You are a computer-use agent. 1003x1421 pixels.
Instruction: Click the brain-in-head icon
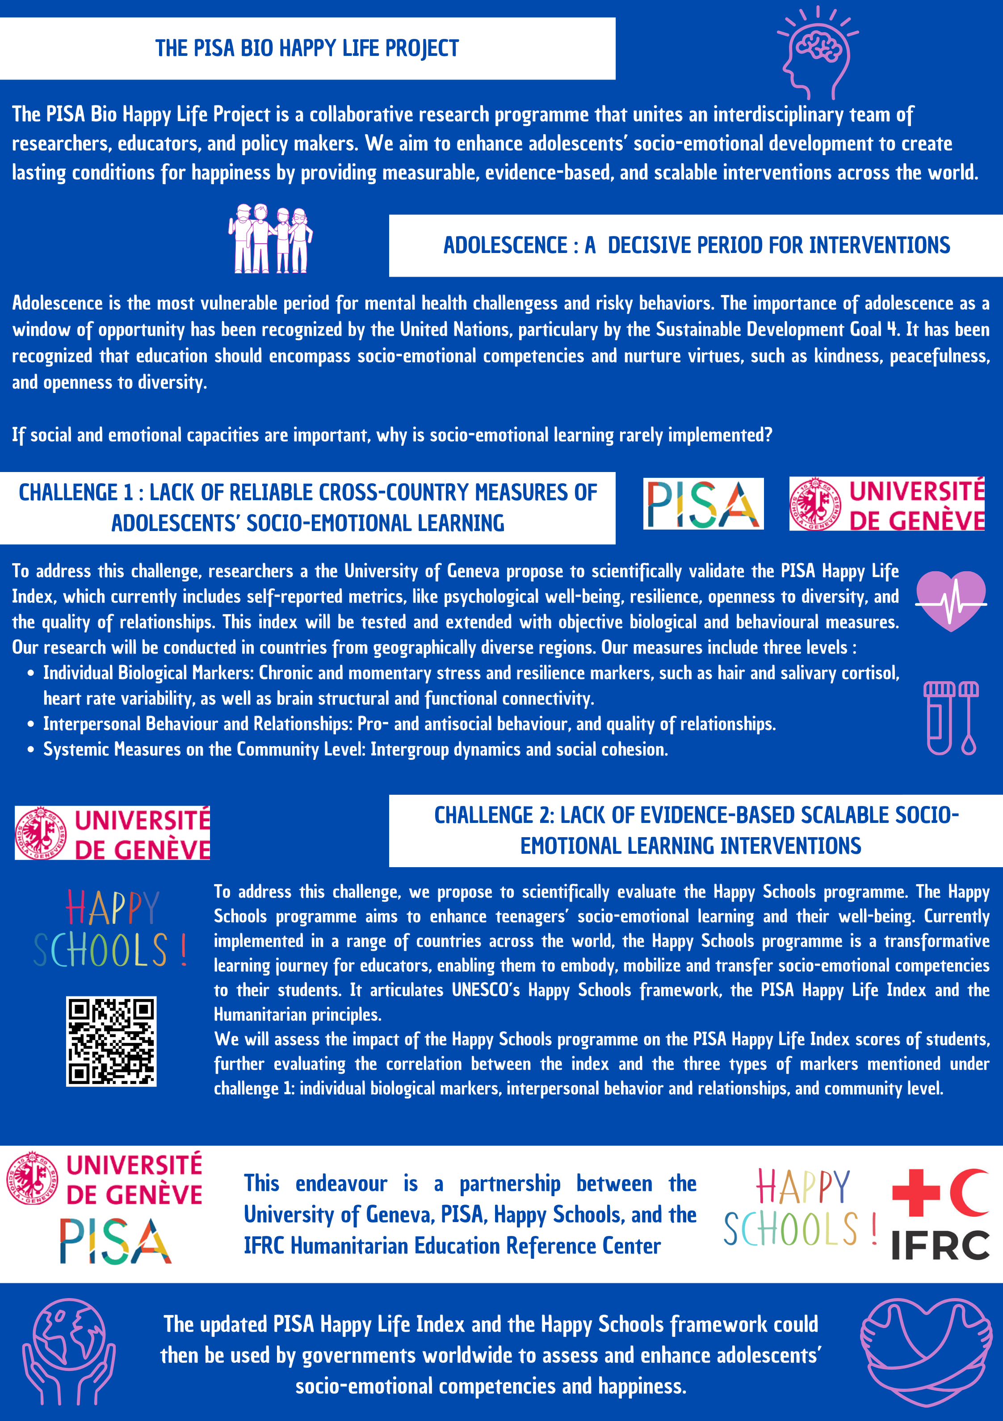pos(818,53)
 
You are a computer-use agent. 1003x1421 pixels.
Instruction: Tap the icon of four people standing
pos(270,239)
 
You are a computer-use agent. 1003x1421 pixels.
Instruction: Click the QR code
pos(111,1041)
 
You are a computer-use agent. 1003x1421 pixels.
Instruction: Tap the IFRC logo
pos(940,1214)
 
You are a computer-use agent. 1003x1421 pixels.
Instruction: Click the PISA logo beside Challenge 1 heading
pos(703,504)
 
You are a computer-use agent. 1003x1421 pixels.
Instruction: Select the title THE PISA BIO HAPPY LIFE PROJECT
pos(307,48)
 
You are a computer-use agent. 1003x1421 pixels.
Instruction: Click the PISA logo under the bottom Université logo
pos(115,1241)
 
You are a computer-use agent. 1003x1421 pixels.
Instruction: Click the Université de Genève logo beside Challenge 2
pos(113,833)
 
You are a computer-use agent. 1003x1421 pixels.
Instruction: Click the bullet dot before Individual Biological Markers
pos(30,673)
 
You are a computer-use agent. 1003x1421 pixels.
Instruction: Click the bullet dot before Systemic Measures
pos(30,750)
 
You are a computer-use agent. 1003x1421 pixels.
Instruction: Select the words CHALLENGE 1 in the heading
pos(76,493)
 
